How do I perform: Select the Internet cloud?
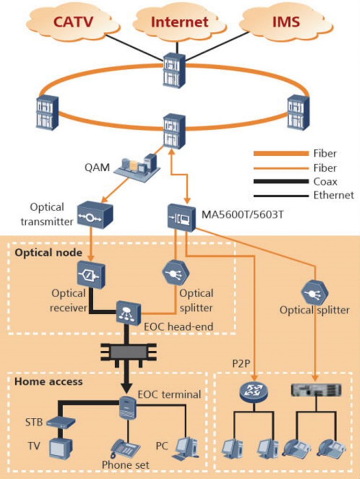point(179,22)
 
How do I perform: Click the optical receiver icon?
point(91,275)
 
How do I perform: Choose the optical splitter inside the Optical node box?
point(176,272)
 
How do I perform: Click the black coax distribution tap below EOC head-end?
point(127,352)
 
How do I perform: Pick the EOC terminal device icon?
point(127,407)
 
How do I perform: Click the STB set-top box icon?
point(61,422)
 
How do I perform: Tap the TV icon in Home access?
point(61,449)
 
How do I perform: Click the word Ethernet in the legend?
point(333,195)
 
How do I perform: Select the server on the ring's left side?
point(47,112)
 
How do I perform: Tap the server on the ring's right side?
point(298,112)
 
